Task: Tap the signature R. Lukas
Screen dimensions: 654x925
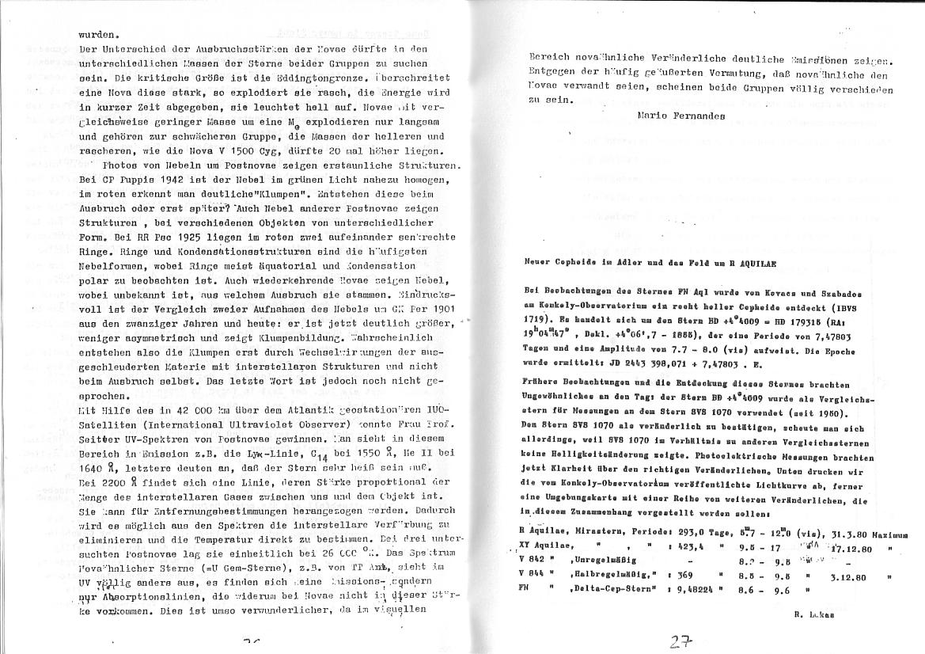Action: pos(809,614)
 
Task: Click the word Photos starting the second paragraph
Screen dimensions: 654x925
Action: pos(121,165)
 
